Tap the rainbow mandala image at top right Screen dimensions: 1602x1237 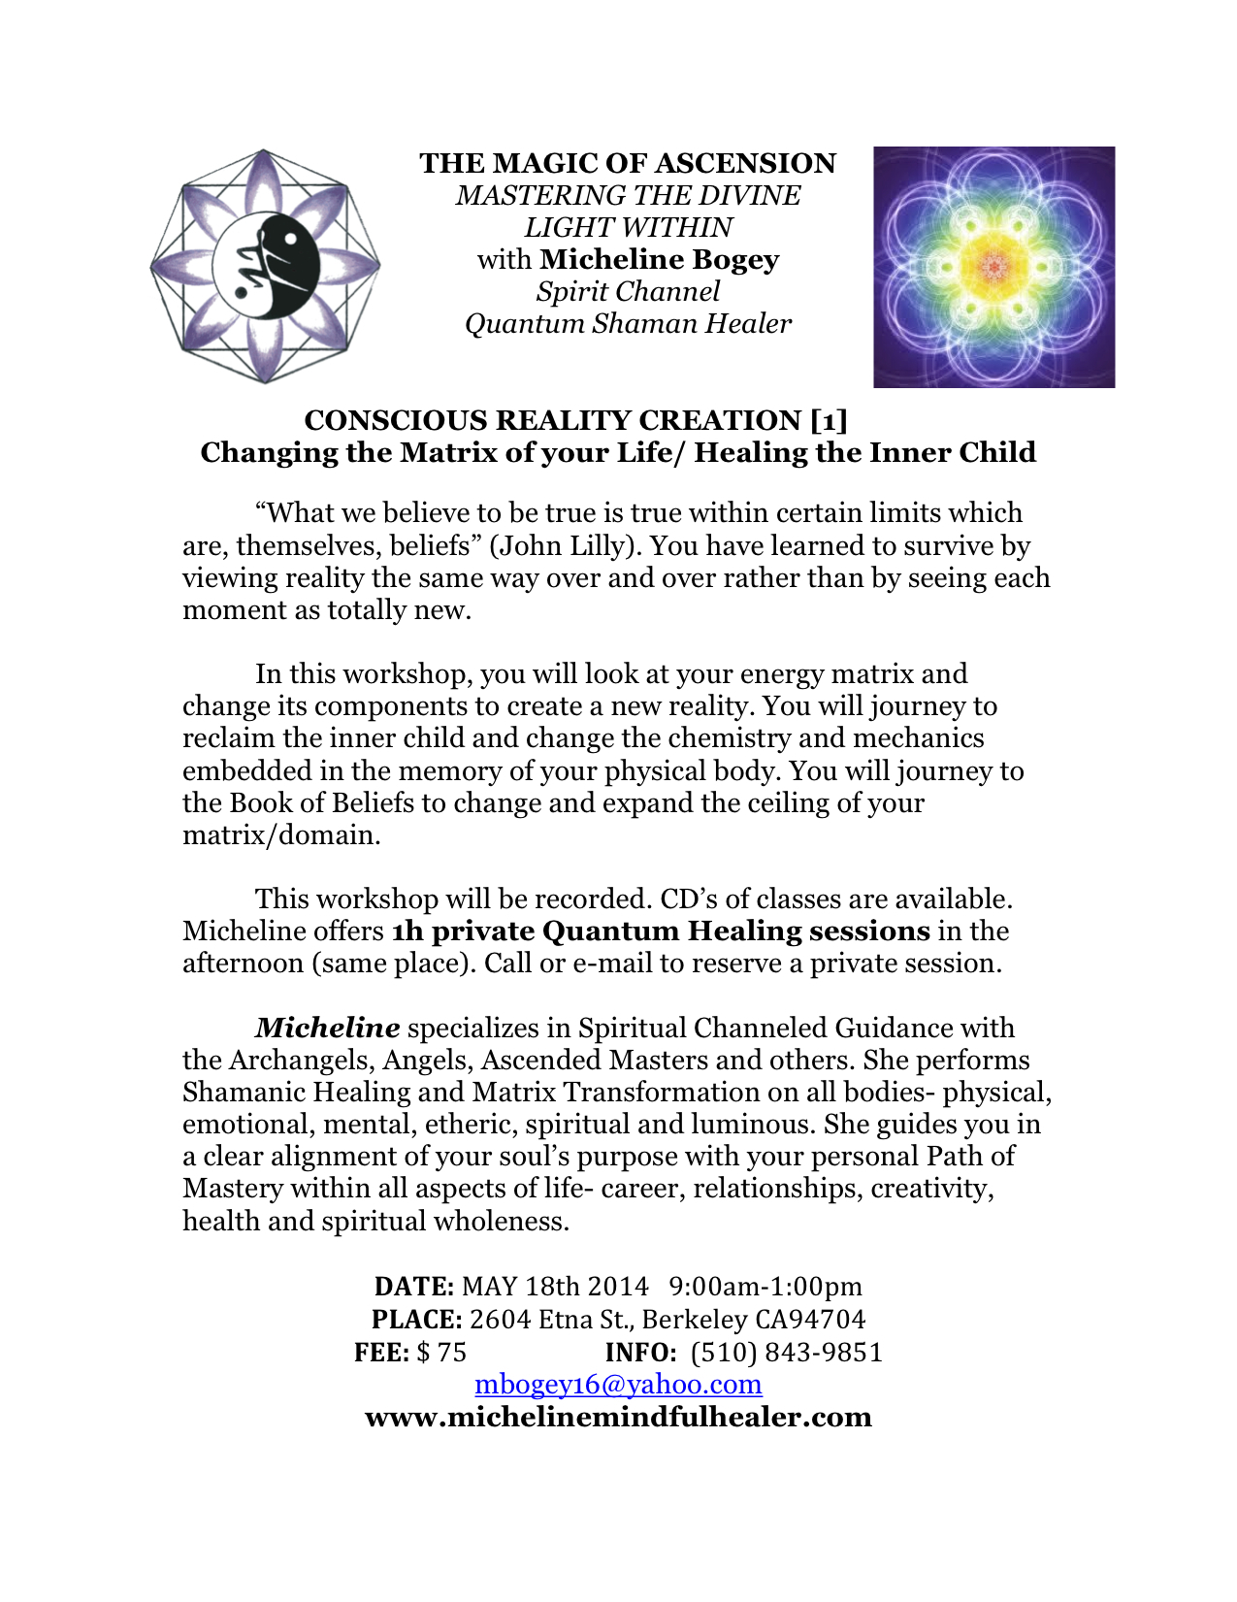coord(993,267)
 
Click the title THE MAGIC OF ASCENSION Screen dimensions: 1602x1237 coord(628,163)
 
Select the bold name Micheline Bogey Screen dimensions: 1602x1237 coord(660,259)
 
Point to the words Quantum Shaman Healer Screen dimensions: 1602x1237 coord(628,323)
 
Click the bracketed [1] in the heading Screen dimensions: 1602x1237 coord(829,420)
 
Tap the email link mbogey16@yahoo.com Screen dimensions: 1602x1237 coord(618,1384)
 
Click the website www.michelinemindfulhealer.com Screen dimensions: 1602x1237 coord(618,1417)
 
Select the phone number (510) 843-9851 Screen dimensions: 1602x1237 coord(786,1352)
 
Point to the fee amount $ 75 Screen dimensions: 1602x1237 coord(441,1352)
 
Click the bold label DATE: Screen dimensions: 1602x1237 coord(414,1287)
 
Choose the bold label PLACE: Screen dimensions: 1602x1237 coord(416,1320)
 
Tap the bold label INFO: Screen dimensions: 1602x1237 coord(640,1352)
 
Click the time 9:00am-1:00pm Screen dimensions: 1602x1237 coord(765,1287)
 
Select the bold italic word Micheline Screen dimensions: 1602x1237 coord(327,1028)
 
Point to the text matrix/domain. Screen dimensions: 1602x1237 coord(281,835)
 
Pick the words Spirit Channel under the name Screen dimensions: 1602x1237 coord(628,291)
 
